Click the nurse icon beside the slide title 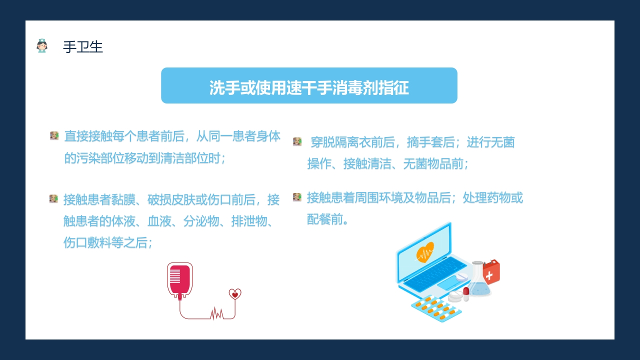pyautogui.click(x=42, y=46)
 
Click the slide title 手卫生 pyautogui.click(x=83, y=47)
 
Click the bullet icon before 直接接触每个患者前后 pyautogui.click(x=54, y=135)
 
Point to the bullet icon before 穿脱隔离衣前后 pyautogui.click(x=297, y=142)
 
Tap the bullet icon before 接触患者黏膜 pyautogui.click(x=54, y=199)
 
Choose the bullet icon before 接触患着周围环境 pyautogui.click(x=297, y=197)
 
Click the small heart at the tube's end pyautogui.click(x=235, y=294)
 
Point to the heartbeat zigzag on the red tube pyautogui.click(x=216, y=314)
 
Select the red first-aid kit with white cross pyautogui.click(x=491, y=272)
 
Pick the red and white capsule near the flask pyautogui.click(x=466, y=293)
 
